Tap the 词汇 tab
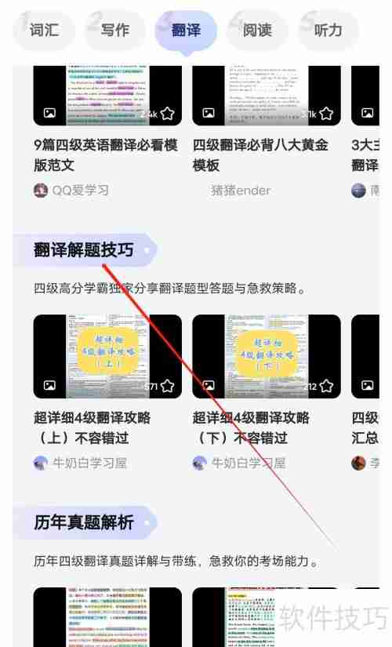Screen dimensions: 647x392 pos(45,31)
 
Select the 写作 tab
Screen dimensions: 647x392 pos(115,31)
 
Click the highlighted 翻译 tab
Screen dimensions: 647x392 pos(186,31)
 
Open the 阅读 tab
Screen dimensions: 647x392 pos(257,31)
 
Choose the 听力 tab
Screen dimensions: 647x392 pos(328,31)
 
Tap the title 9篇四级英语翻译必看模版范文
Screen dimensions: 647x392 pos(106,154)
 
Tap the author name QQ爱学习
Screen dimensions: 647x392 pos(80,190)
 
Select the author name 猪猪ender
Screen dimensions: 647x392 pos(241,190)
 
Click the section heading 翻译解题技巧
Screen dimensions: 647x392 pos(84,250)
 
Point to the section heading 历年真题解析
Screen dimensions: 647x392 pos(84,522)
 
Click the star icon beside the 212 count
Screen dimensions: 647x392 pos(326,386)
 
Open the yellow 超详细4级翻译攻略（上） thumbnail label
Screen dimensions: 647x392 pos(107,351)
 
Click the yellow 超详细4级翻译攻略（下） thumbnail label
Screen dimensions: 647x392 pos(267,351)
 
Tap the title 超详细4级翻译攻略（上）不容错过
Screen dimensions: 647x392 pos(93,427)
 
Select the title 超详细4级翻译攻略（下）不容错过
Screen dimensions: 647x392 pos(251,427)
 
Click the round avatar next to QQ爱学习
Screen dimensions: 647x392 pos(41,190)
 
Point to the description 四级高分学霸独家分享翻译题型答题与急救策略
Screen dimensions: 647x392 pos(169,289)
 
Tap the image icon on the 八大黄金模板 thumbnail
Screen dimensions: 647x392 pos(208,114)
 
